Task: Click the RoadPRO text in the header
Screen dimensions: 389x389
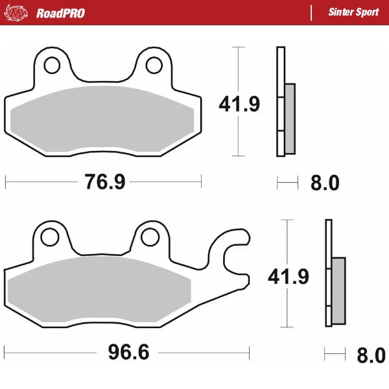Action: tap(60, 13)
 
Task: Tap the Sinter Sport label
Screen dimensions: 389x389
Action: tap(353, 13)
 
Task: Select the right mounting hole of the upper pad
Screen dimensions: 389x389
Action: tap(154, 65)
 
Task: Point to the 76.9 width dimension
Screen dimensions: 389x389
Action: tap(104, 182)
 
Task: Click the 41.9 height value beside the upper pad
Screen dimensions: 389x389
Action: tap(239, 104)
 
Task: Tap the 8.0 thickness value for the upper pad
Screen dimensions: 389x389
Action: tap(324, 183)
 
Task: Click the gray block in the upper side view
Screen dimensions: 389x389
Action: tap(289, 118)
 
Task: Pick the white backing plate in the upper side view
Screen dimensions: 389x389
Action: tap(280, 71)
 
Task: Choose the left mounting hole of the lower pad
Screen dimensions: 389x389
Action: tap(49, 237)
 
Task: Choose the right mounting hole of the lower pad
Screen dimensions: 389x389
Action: tap(150, 237)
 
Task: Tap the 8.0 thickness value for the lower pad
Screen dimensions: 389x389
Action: tap(371, 355)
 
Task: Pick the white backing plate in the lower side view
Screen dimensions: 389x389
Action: tap(328, 240)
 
